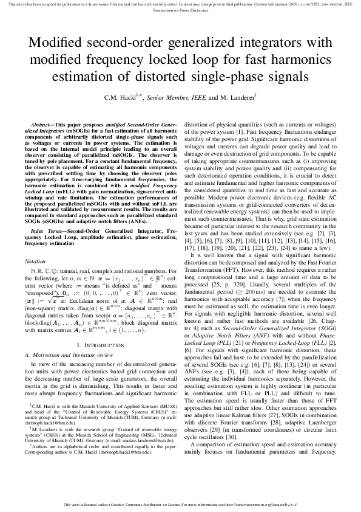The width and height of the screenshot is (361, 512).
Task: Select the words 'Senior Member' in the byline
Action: [163, 97]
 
